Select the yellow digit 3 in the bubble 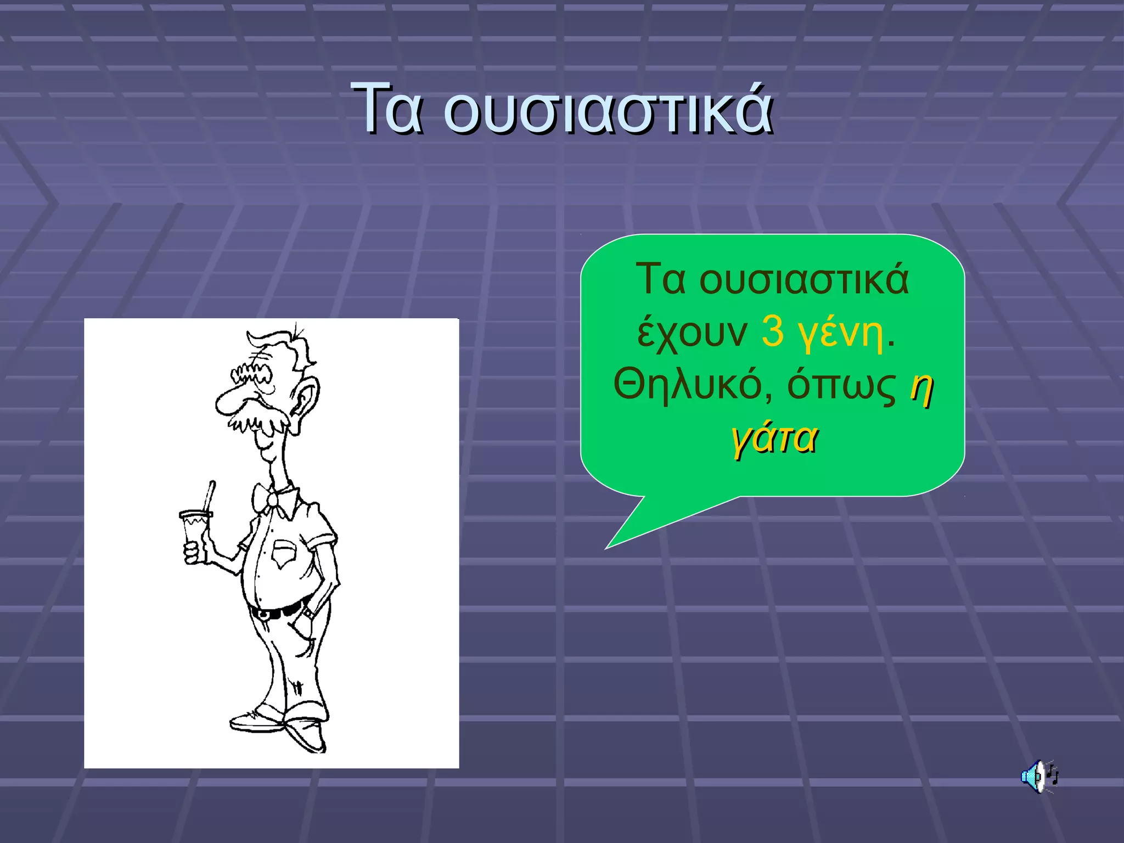[x=773, y=331]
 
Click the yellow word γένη [x=841, y=333]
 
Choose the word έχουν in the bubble [x=692, y=333]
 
